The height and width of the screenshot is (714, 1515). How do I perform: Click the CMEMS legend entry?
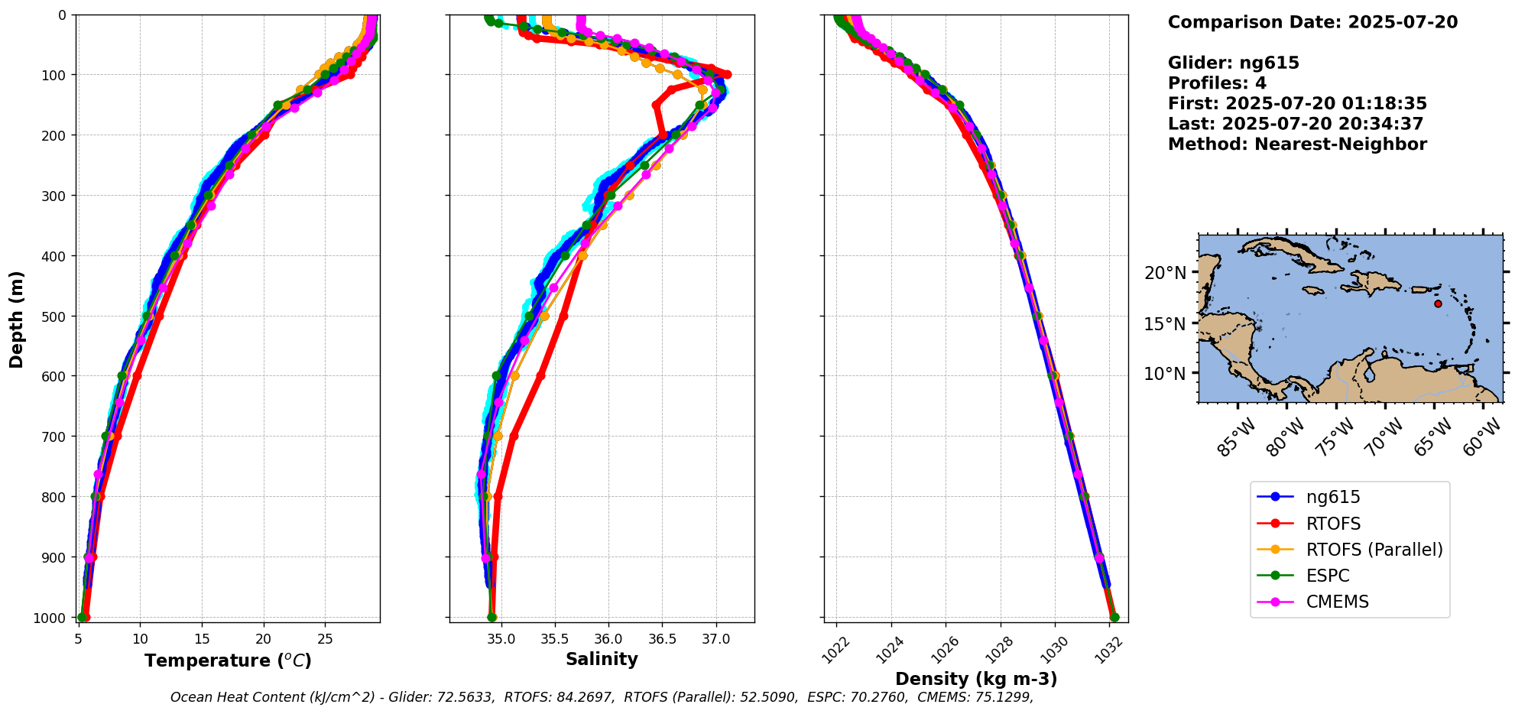point(1337,602)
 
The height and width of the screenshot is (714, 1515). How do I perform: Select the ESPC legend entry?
point(1328,576)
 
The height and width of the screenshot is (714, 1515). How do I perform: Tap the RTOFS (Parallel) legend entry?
point(1374,550)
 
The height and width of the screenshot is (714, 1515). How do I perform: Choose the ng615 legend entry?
point(1333,497)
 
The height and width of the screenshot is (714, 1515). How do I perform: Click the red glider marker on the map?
point(1438,303)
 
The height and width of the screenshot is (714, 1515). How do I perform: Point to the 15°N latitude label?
point(1165,323)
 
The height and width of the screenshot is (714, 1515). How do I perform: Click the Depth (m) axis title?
point(17,319)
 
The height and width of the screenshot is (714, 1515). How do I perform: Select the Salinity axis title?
point(602,659)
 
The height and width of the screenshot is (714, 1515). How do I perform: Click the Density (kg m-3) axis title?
point(976,679)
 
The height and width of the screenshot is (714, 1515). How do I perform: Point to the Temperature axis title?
point(228,660)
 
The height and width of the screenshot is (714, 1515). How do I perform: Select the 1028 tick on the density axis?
point(999,648)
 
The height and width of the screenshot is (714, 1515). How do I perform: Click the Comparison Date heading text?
point(1312,22)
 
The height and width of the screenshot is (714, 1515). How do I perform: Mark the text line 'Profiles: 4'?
point(1217,83)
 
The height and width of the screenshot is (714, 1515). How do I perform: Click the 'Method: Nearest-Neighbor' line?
point(1297,144)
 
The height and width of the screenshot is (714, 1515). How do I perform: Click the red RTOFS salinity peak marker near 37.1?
point(727,74)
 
